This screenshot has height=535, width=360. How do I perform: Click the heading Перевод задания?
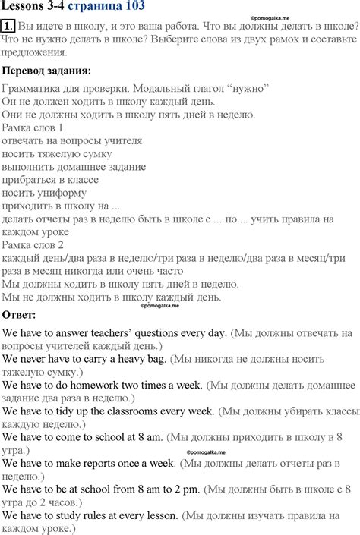coord(46,71)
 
